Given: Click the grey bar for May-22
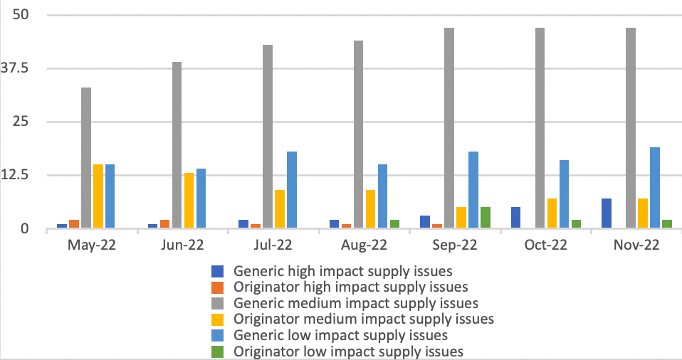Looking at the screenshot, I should pyautogui.click(x=86, y=158).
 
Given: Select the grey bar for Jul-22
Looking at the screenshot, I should pyautogui.click(x=268, y=137).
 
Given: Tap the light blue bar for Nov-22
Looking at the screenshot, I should pyautogui.click(x=655, y=188).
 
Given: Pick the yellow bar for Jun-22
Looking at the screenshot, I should pyautogui.click(x=189, y=201).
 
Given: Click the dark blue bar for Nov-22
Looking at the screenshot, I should pyautogui.click(x=607, y=213).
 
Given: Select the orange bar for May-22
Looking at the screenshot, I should pyautogui.click(x=74, y=224).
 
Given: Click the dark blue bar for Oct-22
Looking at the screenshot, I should pyautogui.click(x=515, y=218).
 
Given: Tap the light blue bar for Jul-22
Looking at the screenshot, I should pyautogui.click(x=292, y=190).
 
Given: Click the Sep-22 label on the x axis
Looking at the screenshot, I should pyautogui.click(x=456, y=245).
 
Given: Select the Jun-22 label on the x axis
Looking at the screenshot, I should pyautogui.click(x=183, y=245).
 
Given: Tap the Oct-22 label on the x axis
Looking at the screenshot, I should pyautogui.click(x=546, y=245).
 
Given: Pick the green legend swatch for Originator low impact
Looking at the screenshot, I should pyautogui.click(x=218, y=351).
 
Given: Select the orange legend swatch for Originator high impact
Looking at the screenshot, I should pyautogui.click(x=218, y=287).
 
